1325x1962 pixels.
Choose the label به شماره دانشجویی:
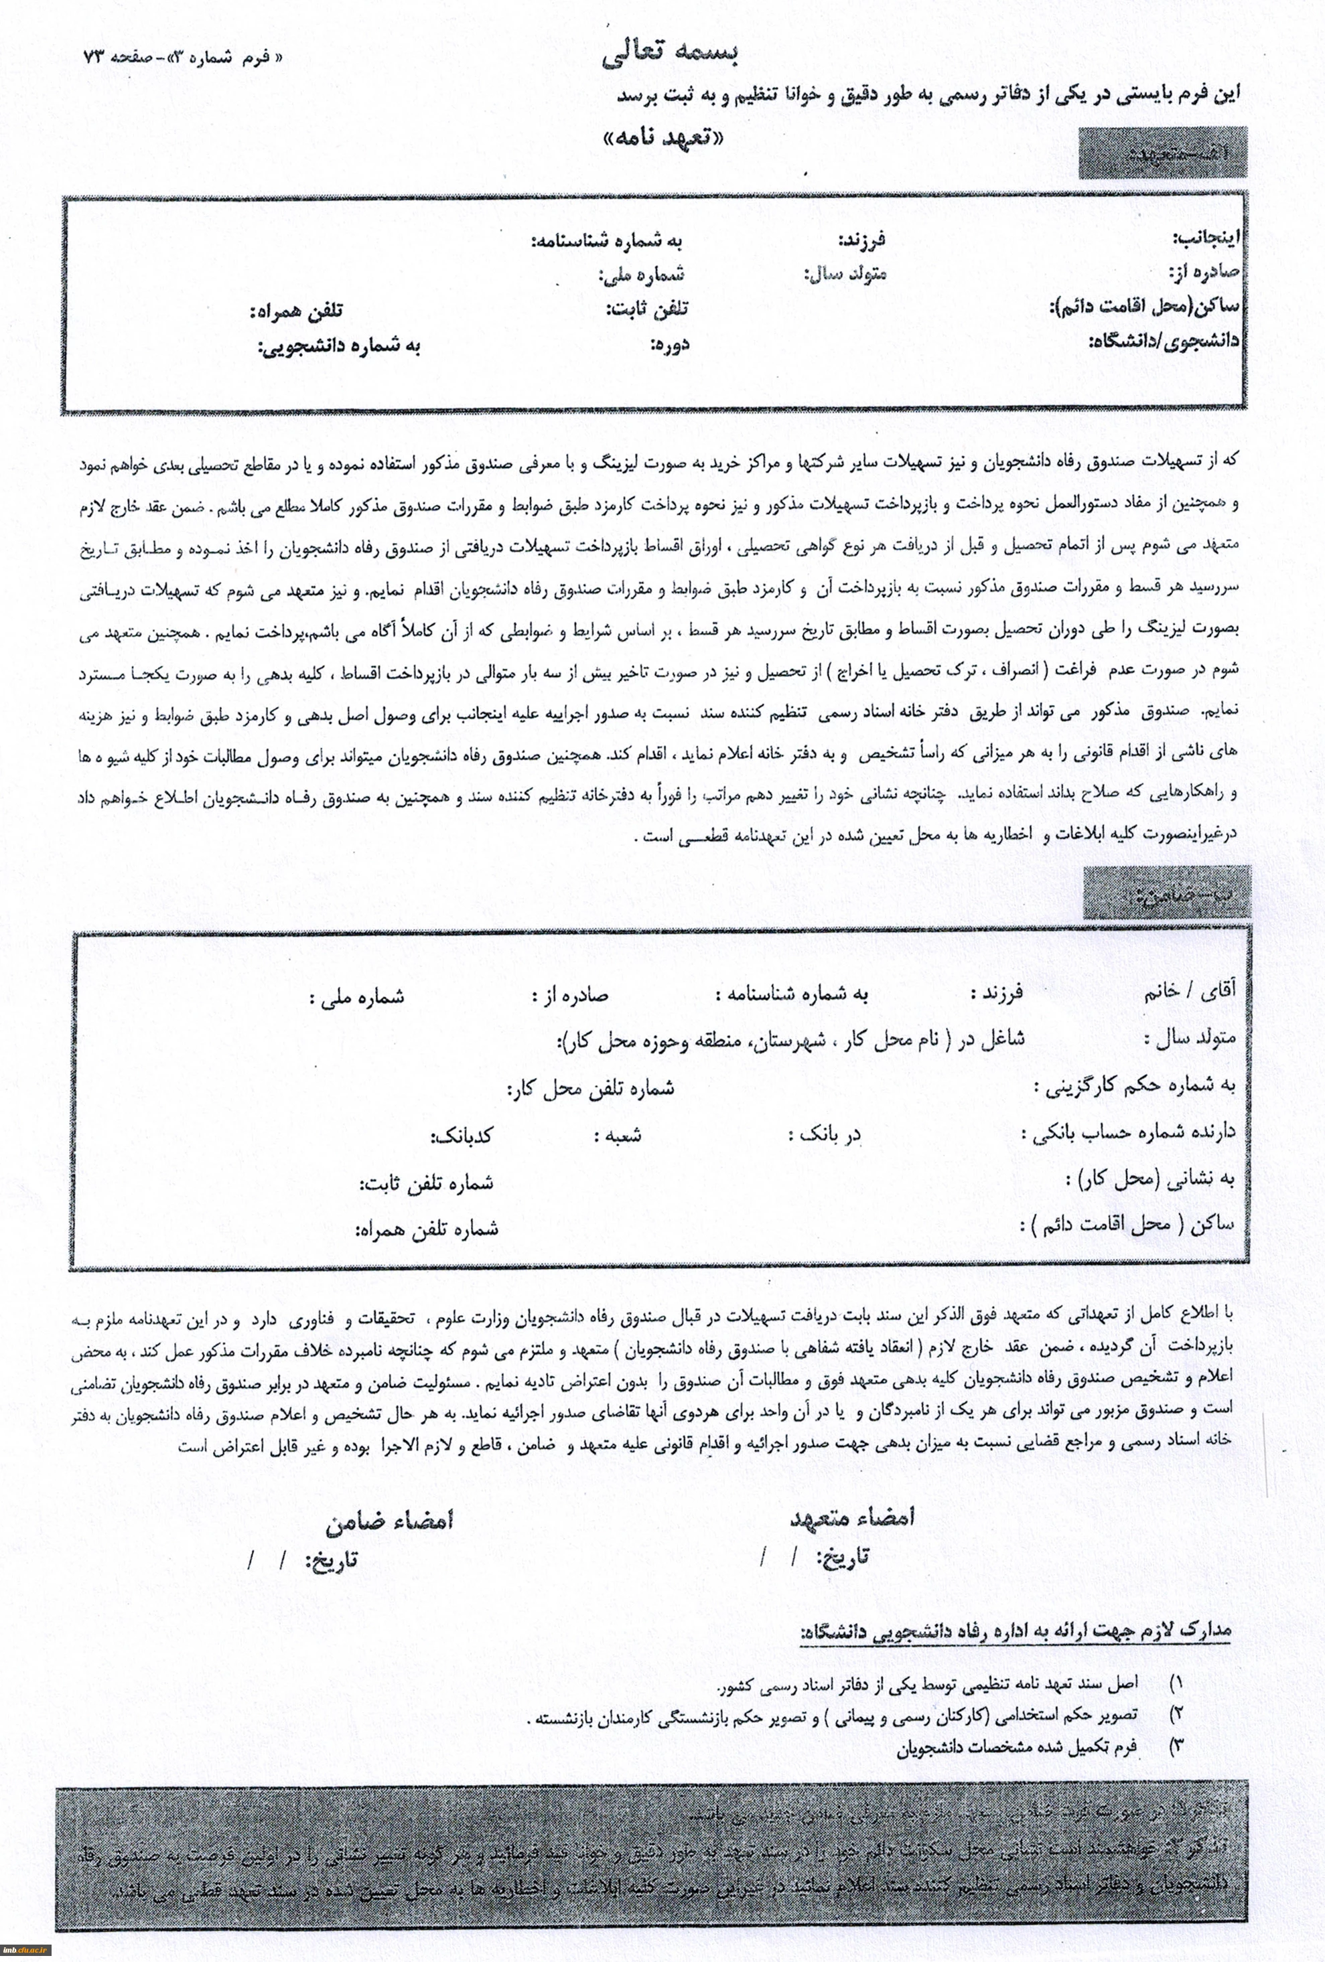(340, 346)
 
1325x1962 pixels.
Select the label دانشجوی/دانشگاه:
(1164, 341)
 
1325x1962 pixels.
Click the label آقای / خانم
(1189, 992)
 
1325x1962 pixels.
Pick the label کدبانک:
(461, 1136)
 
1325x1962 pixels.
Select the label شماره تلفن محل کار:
(590, 1088)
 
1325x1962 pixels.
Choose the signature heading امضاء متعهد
(851, 1517)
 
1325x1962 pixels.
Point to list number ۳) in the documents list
(1176, 1744)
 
